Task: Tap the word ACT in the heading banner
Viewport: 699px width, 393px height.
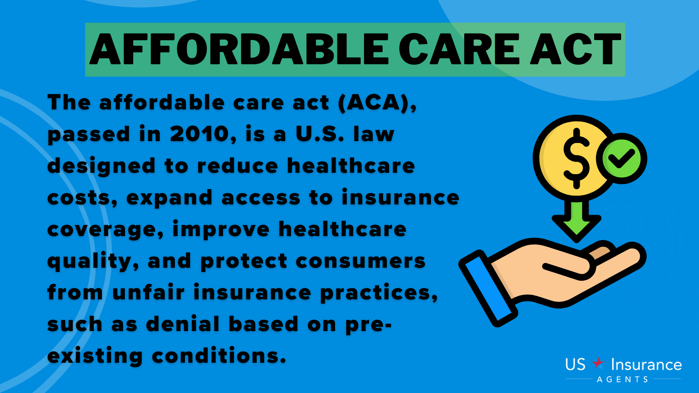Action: click(576, 49)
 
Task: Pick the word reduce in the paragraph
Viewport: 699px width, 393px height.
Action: click(238, 166)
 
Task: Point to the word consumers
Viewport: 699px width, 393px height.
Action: click(360, 261)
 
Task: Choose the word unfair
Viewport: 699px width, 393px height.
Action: click(149, 292)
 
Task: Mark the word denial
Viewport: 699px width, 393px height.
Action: click(183, 324)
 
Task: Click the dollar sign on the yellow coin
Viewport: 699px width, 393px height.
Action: click(576, 158)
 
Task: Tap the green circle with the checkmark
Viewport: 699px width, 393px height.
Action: click(622, 158)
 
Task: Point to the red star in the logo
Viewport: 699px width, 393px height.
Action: click(598, 363)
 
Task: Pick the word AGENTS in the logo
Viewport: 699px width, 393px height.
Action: click(623, 379)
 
